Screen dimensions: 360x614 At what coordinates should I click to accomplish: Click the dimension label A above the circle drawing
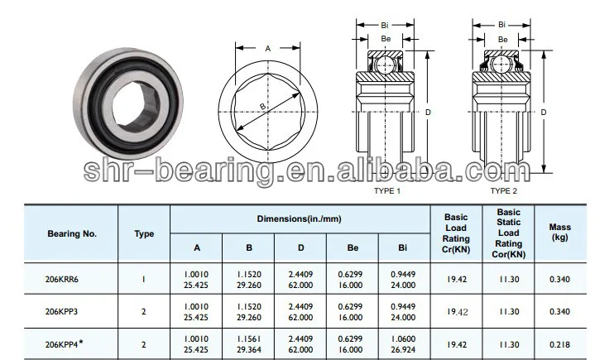point(267,49)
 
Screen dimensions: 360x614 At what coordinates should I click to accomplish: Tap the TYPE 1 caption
point(386,190)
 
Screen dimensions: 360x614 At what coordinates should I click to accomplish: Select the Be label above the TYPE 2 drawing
point(502,38)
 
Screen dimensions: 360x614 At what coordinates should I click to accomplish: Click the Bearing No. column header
point(72,233)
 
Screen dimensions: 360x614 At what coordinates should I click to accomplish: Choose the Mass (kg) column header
point(559,233)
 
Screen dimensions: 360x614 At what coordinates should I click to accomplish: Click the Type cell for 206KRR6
point(144,279)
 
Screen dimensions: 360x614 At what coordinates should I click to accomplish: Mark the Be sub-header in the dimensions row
point(352,247)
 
